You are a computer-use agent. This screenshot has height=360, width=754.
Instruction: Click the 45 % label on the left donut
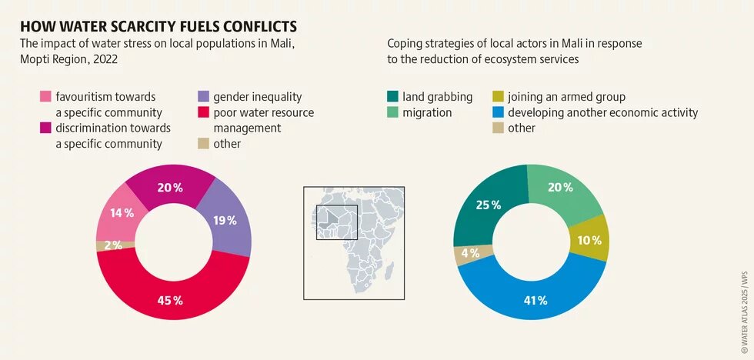pos(170,300)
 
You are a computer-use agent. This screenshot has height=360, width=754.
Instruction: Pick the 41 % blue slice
pos(531,300)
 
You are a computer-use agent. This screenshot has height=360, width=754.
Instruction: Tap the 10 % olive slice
pos(589,240)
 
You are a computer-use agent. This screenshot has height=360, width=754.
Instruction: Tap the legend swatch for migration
pos(393,113)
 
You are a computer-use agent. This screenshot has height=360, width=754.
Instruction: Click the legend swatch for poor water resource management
pos(203,113)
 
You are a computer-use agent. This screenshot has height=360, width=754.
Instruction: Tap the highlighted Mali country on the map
pos(332,218)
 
